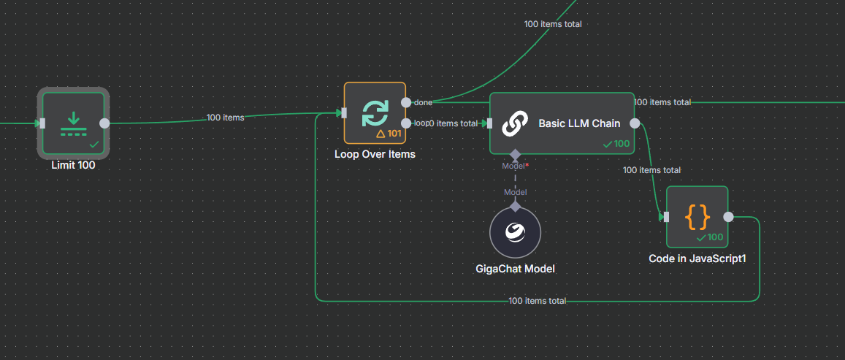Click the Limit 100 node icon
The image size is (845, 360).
73,121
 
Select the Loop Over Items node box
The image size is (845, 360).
375,113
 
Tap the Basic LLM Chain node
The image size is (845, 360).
562,123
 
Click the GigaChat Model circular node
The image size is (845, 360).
516,233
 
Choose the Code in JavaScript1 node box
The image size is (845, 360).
697,217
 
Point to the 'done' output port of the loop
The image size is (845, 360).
407,102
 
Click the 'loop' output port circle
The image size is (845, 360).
407,123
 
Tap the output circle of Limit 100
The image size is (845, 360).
104,123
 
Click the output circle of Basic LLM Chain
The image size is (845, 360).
635,123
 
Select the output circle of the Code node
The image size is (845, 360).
728,217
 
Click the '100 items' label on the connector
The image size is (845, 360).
226,117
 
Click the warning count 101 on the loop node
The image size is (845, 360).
389,134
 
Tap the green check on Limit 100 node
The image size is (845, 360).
94,145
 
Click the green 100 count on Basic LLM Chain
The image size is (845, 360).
617,144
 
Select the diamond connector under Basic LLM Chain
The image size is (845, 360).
516,154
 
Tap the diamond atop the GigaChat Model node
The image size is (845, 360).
516,206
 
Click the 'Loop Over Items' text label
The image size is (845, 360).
375,154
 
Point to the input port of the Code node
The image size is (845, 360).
665,217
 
